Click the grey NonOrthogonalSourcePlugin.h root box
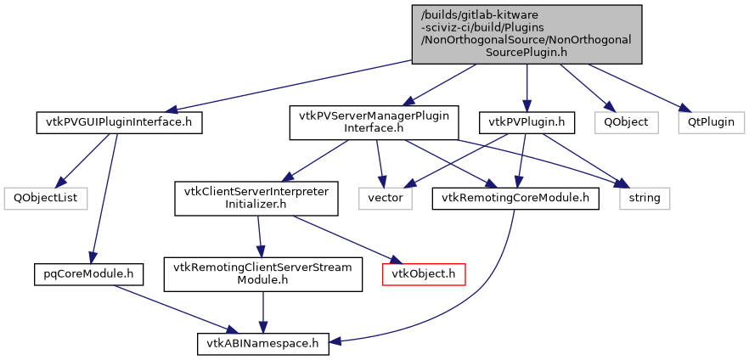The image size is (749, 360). pos(527,33)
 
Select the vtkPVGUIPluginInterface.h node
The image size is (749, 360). pos(119,122)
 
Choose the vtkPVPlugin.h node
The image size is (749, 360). pos(527,122)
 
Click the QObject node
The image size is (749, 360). pos(626,122)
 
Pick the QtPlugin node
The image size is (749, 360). pos(711,122)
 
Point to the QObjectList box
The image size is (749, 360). pos(41,198)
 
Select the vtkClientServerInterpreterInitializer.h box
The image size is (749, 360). pos(256,198)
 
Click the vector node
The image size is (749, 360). pos(384,198)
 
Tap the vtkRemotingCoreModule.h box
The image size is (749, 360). pos(515,198)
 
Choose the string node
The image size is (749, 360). pos(645,198)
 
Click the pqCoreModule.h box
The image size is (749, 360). pos(88,273)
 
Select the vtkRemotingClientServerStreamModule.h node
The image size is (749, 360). pos(263,273)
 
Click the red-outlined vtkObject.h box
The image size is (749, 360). pos(424,273)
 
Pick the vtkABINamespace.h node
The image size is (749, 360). pos(262,344)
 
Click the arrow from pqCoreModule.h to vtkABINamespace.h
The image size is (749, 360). pos(170,307)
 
